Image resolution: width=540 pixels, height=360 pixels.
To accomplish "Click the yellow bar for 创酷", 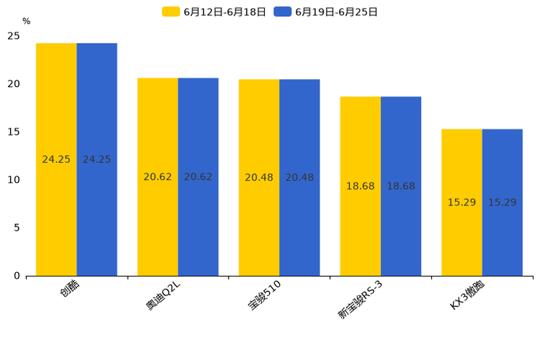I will (57, 159).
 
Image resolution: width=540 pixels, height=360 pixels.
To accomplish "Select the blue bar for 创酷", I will (97, 159).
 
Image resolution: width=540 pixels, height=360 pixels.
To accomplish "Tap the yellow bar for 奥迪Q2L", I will (157, 176).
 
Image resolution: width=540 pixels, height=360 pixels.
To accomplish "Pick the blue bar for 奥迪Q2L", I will (198, 176).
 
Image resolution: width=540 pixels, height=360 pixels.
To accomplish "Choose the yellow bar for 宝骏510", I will (259, 177).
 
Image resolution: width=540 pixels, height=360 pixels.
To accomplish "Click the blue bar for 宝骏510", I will (299, 177).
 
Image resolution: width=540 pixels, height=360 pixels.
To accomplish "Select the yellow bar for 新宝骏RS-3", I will (360, 186).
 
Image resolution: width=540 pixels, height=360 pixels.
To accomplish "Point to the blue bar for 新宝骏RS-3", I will (401, 186).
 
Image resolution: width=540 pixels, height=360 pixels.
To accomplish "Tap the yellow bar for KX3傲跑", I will (462, 202).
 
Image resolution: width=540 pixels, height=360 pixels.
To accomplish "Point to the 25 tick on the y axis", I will (14, 36).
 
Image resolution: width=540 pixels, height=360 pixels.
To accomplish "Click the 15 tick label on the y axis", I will (14, 132).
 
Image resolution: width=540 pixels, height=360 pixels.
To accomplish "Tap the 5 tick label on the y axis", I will (17, 228).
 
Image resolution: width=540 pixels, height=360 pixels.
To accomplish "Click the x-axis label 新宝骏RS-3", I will (361, 298).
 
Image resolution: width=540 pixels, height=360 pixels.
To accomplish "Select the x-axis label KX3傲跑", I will (467, 294).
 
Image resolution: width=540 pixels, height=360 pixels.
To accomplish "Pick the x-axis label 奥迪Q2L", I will (163, 295).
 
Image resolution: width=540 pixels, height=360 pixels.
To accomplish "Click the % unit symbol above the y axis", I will (26, 21).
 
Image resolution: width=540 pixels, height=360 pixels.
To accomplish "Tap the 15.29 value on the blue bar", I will (502, 202).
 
